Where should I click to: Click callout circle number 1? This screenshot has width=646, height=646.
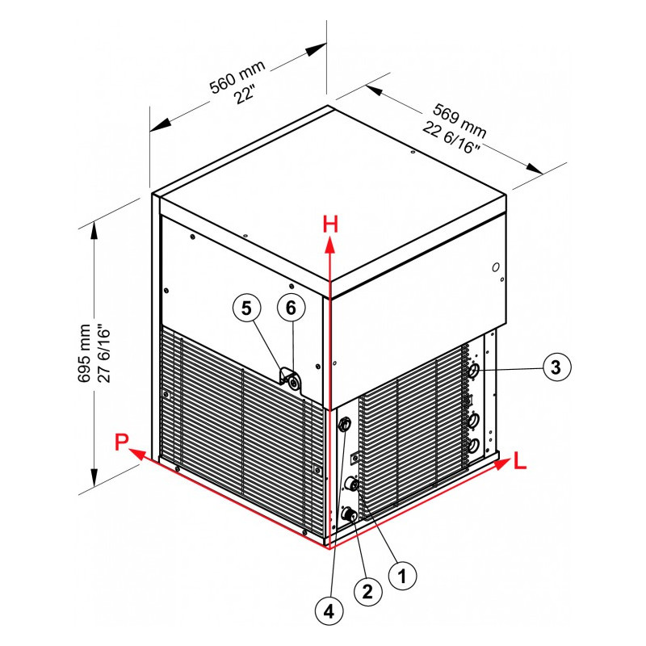(402, 576)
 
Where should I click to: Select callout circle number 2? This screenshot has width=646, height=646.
(368, 592)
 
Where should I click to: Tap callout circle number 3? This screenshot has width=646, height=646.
(556, 367)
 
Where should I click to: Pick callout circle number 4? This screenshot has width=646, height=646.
(329, 612)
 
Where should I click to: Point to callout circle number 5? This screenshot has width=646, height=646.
(246, 308)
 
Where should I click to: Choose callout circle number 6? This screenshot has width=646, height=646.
(291, 308)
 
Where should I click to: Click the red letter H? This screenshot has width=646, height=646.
(330, 225)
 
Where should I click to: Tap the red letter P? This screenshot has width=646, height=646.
(122, 442)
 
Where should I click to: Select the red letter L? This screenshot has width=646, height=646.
(520, 461)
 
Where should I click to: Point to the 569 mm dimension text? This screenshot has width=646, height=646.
(459, 120)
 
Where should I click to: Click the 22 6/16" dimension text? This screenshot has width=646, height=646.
(451, 137)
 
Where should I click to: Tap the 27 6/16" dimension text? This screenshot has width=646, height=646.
(104, 355)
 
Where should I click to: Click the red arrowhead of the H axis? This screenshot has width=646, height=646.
(329, 245)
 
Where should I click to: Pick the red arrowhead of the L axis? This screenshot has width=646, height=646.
(501, 464)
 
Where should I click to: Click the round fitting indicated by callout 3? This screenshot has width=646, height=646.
(474, 370)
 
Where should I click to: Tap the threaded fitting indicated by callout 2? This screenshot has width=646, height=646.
(350, 514)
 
